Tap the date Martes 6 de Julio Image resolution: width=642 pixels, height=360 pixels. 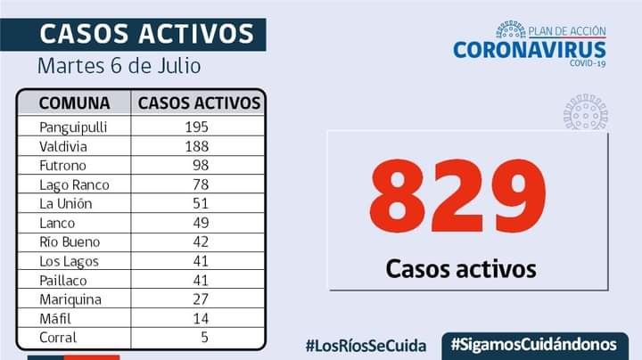click(119, 66)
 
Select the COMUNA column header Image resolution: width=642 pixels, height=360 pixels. click(74, 102)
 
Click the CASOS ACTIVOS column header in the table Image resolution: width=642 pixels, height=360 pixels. click(199, 102)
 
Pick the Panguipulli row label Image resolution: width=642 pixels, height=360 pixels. click(74, 127)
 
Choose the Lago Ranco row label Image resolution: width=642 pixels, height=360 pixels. click(74, 184)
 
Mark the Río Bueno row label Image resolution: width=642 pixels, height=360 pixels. click(70, 241)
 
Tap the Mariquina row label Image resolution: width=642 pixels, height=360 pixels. click(70, 299)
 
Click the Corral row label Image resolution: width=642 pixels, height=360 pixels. click(58, 338)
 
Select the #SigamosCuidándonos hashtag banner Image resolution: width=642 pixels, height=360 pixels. click(534, 344)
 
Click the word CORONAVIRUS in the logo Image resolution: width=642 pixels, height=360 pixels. click(529, 50)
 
